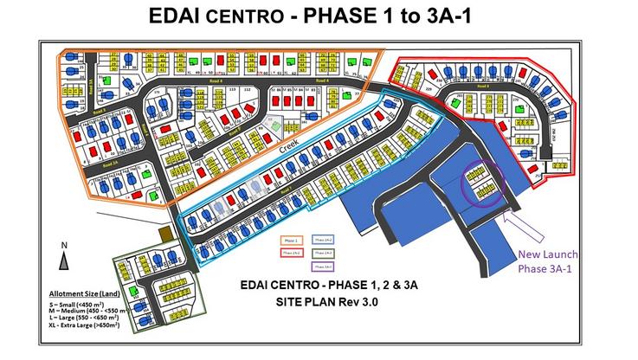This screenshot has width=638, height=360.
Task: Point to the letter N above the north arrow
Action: [66, 246]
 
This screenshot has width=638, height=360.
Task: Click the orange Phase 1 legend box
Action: [291, 238]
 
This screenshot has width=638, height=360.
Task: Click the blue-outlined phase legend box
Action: [324, 238]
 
